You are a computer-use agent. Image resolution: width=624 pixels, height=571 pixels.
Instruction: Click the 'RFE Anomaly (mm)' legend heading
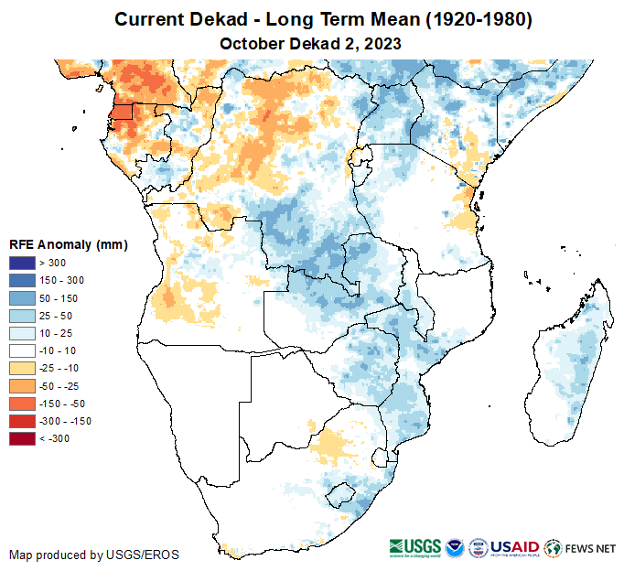[68, 244]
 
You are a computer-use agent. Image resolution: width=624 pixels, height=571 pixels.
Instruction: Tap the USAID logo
[516, 548]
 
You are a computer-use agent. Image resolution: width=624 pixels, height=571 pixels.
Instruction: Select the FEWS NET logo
[580, 548]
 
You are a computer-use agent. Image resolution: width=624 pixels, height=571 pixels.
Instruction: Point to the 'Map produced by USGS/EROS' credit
[93, 555]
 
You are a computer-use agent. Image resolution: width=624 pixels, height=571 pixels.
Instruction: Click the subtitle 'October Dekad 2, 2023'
[311, 43]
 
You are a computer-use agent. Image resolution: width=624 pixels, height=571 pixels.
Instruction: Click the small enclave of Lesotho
[340, 493]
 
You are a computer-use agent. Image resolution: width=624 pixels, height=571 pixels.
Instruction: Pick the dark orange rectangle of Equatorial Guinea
[122, 113]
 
